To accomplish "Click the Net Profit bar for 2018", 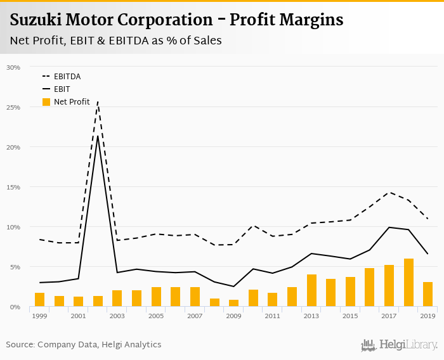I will point(408,283).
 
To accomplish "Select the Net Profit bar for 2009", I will point(233,303).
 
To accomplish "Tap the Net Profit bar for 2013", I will point(311,290).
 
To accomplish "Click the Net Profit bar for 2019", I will point(428,294).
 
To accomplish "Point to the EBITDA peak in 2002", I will point(98,101).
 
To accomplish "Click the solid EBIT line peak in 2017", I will point(389,227).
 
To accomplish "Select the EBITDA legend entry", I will point(67,77).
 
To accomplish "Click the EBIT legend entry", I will point(62,89).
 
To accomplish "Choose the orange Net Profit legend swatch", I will point(46,102).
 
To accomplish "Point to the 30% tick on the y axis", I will point(13,67).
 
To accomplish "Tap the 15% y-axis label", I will point(13,187).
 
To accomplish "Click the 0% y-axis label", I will point(15,307).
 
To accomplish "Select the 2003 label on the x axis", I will point(117,316).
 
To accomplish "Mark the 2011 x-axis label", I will point(273,316).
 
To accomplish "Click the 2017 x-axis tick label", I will point(389,316).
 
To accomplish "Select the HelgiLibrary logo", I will point(399,345).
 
